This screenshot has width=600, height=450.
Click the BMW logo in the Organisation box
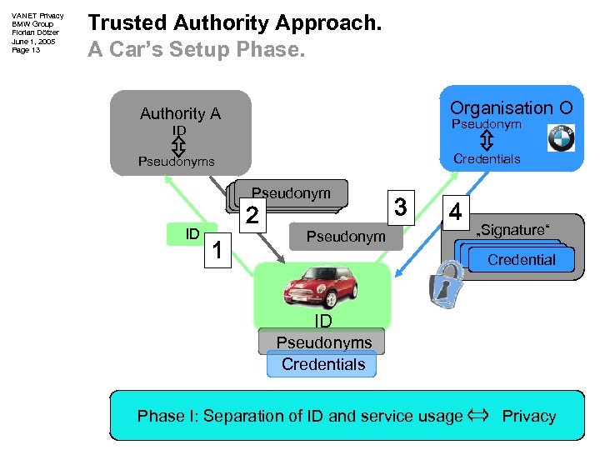point(561,137)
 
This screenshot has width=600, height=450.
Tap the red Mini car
point(322,288)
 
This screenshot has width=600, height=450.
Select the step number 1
point(217,248)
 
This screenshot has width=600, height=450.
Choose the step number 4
point(455,211)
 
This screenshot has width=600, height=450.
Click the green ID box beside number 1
point(192,234)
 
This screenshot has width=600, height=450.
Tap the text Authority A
point(180,114)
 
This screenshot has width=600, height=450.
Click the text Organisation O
point(511,108)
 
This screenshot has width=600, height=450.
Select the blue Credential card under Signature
point(521,260)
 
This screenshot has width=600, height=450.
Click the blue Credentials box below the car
point(322,364)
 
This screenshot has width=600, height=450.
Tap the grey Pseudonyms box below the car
point(323,342)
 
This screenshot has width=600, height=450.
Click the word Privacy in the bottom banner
point(528,416)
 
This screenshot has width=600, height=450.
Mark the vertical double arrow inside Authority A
point(177,146)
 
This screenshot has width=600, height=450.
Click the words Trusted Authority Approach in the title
point(235,23)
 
